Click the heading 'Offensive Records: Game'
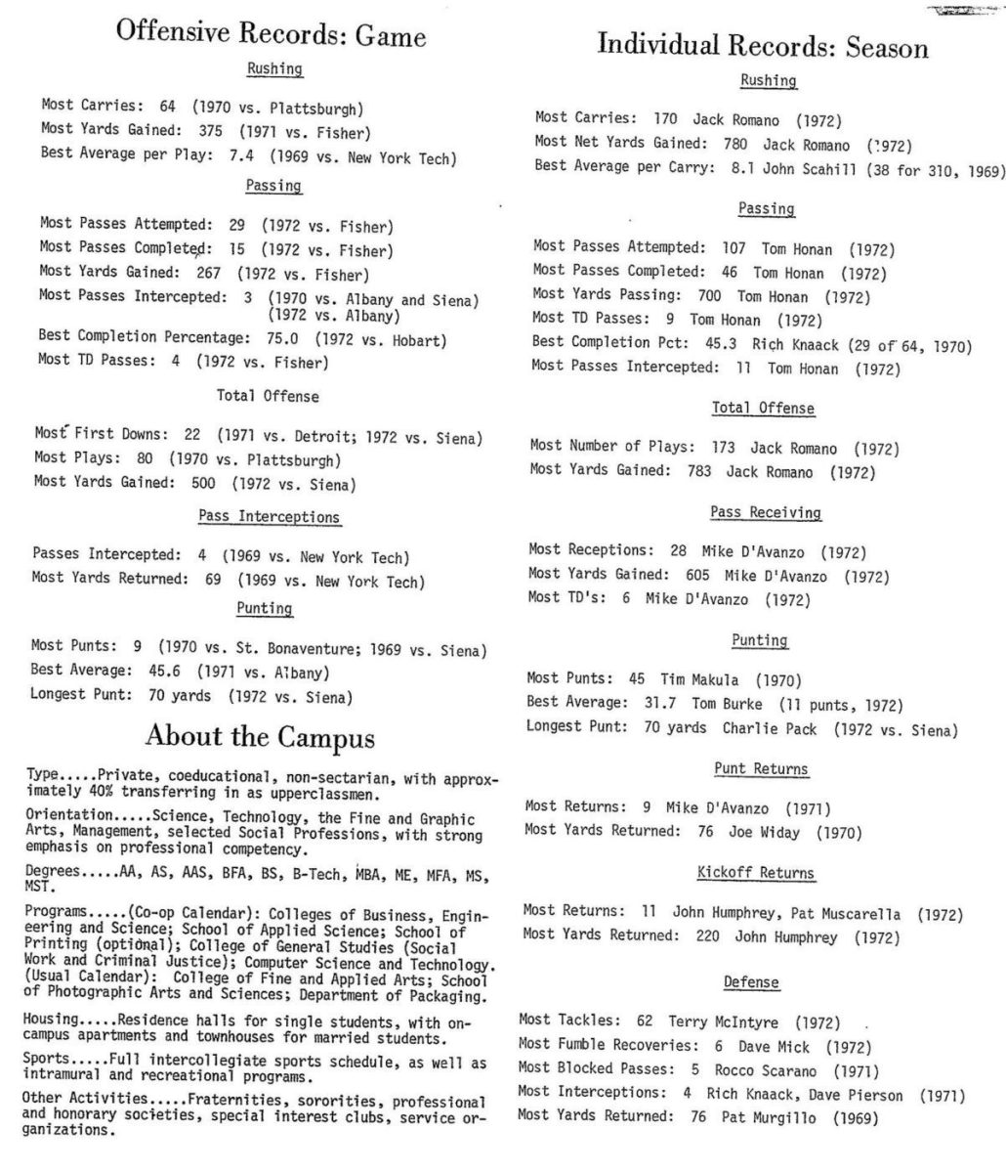pyautogui.click(x=271, y=36)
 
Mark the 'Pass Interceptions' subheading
pyautogui.click(x=270, y=516)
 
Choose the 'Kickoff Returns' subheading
pyautogui.click(x=756, y=872)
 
